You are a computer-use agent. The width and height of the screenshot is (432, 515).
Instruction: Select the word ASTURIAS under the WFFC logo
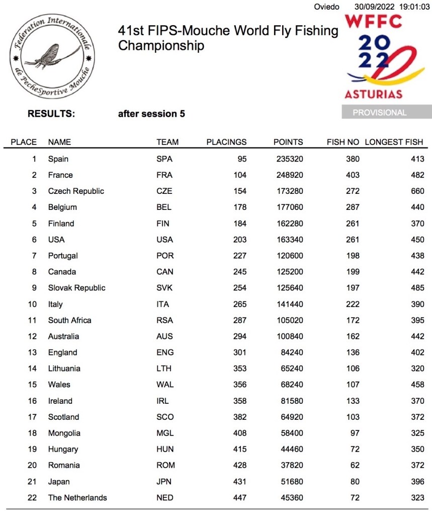373,94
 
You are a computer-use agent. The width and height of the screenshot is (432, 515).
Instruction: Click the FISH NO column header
343,142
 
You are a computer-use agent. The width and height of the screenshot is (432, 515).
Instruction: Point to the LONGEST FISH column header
394,142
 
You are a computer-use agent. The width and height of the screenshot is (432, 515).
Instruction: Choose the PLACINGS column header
226,142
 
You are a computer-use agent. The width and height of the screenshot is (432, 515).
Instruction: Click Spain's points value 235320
290,159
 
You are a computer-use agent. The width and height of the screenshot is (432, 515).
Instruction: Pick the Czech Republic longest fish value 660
417,191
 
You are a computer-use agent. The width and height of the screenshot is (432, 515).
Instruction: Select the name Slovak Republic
76,288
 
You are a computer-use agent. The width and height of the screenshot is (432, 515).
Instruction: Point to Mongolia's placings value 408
240,433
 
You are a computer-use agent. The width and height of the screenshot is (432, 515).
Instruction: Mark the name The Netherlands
77,497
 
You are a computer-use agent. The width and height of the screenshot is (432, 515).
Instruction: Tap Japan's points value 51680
292,481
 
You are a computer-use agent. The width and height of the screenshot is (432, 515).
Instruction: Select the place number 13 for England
32,352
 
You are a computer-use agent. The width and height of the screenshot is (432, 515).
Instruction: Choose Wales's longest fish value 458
417,385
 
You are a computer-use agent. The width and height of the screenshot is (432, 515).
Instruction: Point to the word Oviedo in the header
326,7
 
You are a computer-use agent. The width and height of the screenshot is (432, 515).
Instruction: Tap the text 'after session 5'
151,114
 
